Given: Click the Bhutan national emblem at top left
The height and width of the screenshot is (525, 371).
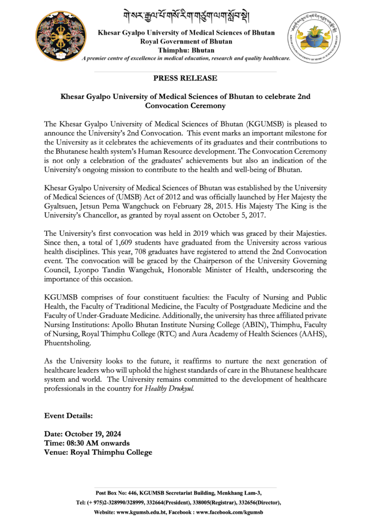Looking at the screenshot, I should click(58, 36).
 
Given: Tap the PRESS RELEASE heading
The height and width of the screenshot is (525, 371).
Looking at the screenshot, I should click(185, 78).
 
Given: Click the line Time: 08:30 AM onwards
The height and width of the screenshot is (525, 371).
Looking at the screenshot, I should click(87, 443).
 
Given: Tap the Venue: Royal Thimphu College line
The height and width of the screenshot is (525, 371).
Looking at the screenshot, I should click(98, 452).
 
